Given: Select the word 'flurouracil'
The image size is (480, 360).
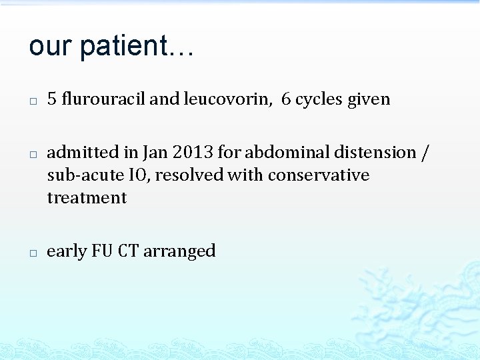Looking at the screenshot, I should pyautogui.click(x=103, y=99).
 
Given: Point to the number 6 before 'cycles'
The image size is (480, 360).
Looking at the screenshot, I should pyautogui.click(x=286, y=99).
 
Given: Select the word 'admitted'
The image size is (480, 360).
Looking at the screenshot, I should pyautogui.click(x=77, y=153).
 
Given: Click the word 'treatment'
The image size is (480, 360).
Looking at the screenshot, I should pyautogui.click(x=87, y=198).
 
